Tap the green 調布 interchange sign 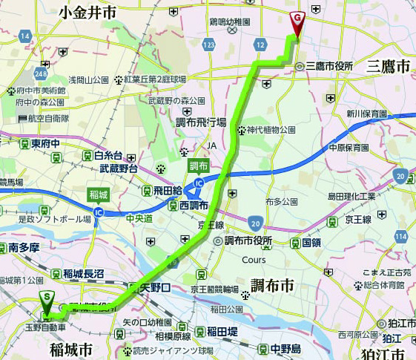coord(199,165)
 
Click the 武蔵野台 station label coord(119,169)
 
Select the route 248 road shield coord(39,74)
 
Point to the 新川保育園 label coord(366,114)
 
